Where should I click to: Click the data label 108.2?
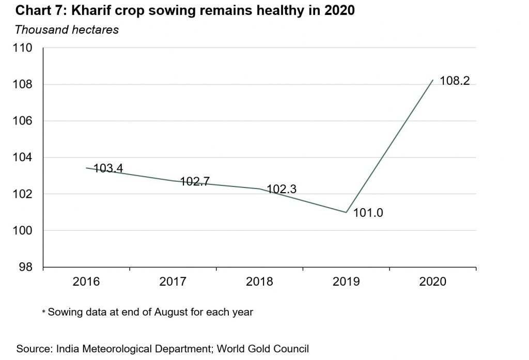pos(454,81)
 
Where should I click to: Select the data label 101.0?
pos(368,213)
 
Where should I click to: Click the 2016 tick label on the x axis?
pos(87,283)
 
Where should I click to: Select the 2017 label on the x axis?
pos(173,283)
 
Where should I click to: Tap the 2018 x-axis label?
pos(260,283)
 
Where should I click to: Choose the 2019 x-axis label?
pos(346,283)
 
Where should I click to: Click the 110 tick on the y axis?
pos(24,48)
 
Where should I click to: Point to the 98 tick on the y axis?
pos(27,267)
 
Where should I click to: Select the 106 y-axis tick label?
pos(24,121)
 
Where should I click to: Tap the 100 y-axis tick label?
pos(24,230)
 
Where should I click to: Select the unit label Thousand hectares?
pos(67,29)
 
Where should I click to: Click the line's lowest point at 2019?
pos(346,212)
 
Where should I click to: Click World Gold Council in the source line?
pos(264,349)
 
